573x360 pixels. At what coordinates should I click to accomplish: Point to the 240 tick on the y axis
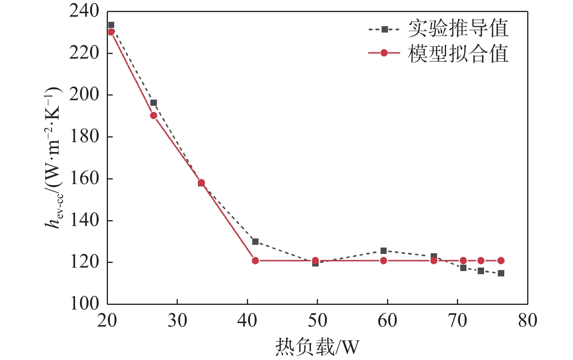point(84,11)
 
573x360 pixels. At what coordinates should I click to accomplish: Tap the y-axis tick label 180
point(84,136)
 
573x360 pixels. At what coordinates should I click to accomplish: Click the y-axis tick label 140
point(84,220)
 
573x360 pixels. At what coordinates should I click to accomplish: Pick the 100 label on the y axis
point(84,304)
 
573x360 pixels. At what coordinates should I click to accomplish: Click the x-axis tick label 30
point(177,321)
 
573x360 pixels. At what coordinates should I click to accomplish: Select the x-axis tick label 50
point(317,321)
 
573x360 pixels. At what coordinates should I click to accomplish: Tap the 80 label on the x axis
point(527,321)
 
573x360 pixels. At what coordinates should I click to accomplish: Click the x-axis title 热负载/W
point(317,347)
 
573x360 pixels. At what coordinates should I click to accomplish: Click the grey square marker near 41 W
point(255,242)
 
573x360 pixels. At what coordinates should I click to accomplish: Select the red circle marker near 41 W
point(255,261)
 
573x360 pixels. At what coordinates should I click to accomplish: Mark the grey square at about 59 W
point(384,250)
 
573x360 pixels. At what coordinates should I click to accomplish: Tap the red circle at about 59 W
point(384,261)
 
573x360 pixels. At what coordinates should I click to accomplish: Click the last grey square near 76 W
point(501,273)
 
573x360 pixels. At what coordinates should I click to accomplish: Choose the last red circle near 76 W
point(501,261)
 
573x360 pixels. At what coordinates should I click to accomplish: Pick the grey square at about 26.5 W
point(153,103)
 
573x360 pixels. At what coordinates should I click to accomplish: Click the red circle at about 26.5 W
point(153,115)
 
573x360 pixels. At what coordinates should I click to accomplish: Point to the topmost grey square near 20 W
point(111,25)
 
